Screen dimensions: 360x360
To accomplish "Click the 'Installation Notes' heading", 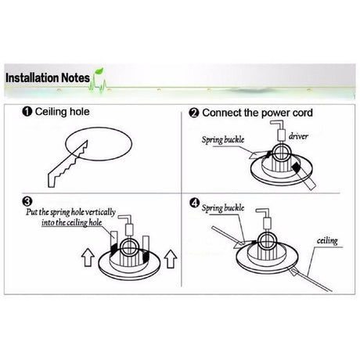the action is (x=48, y=78).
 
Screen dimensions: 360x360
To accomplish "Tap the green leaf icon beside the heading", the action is (x=99, y=71).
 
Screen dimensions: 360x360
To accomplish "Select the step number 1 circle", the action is (x=27, y=112).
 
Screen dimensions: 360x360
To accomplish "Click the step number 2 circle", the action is (x=194, y=113).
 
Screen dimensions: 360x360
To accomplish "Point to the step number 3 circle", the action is (x=27, y=201).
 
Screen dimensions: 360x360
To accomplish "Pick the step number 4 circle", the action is (x=195, y=203).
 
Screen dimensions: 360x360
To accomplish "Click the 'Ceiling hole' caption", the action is (x=62, y=112).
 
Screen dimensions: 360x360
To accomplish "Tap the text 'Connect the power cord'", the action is (x=257, y=113).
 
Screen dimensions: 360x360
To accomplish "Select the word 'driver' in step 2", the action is (x=298, y=136).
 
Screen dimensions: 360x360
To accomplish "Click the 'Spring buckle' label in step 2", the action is (x=223, y=140).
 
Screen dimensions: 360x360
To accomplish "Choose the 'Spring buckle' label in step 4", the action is (x=223, y=208).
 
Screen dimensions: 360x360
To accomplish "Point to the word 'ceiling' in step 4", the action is (x=327, y=240).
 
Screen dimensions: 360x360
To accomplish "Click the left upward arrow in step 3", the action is (x=88, y=257).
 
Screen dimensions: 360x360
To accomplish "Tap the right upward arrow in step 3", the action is (x=171, y=259).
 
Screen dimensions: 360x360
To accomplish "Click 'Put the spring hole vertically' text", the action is (x=70, y=212).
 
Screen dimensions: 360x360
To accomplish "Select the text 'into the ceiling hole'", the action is (x=72, y=222).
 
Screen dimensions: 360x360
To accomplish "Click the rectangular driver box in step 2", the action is (x=281, y=135).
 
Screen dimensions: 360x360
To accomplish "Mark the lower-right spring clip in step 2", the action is (x=304, y=176).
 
